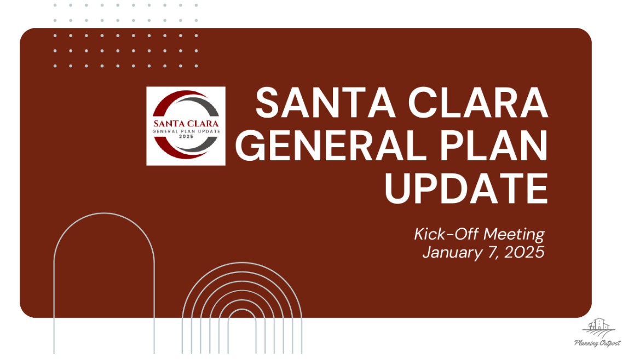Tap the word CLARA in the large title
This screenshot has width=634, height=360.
(x=478, y=103)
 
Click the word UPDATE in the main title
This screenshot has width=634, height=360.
(x=466, y=188)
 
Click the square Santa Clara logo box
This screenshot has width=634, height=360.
(x=186, y=126)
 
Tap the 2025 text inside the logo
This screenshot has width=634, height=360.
(x=186, y=137)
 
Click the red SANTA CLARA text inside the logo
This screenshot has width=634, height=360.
(x=186, y=124)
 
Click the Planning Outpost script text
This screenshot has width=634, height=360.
(x=597, y=343)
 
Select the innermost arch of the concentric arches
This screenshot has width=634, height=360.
(x=242, y=310)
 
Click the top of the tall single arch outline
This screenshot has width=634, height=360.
(x=104, y=213)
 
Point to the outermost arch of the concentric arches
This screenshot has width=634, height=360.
(x=242, y=263)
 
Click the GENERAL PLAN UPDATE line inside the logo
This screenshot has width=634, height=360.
(x=186, y=131)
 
